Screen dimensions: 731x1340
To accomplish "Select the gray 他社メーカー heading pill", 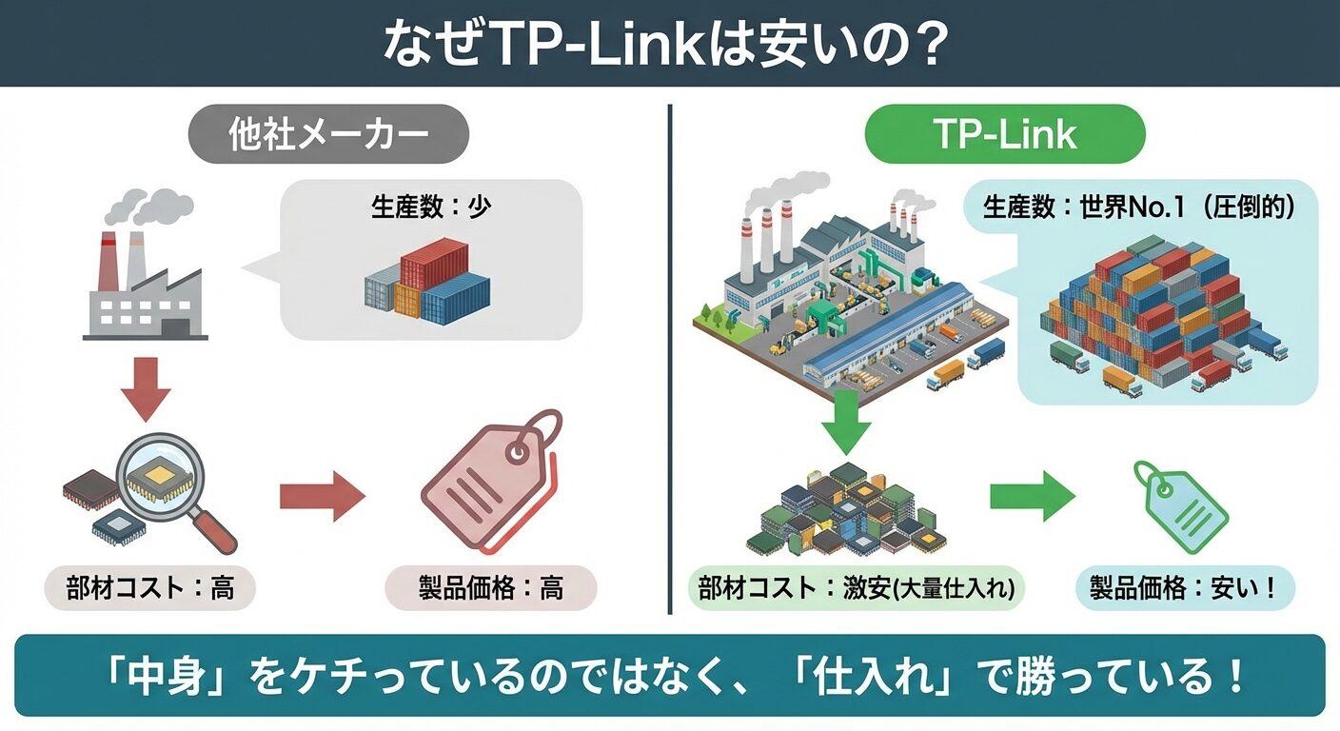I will [x=328, y=135].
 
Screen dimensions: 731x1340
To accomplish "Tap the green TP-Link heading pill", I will [x=1004, y=134].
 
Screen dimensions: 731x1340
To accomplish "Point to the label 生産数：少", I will [x=430, y=207].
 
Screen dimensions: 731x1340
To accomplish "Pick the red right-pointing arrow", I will [x=322, y=497].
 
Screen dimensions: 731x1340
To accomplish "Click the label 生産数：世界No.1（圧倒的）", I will [x=1138, y=207].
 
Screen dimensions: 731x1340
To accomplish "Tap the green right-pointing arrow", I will [x=1032, y=496].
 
